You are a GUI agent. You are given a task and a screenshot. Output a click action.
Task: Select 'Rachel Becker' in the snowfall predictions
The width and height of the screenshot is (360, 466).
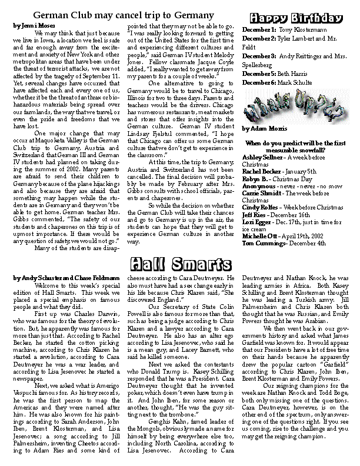(x=262, y=171)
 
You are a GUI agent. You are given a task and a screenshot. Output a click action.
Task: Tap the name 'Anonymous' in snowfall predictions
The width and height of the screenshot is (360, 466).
(x=259, y=185)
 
